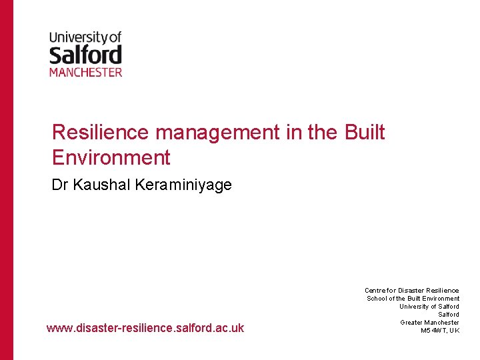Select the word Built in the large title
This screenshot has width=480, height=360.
click(x=365, y=133)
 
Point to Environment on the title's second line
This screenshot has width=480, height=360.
click(x=111, y=158)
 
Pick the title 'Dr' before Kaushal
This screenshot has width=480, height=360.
click(x=61, y=185)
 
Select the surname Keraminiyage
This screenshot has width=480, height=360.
click(x=183, y=185)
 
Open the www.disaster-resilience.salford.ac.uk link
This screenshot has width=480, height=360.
click(x=145, y=328)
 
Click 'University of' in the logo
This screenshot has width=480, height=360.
click(x=85, y=38)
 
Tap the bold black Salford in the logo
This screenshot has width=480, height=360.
click(x=85, y=55)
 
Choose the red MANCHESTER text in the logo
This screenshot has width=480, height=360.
click(x=85, y=71)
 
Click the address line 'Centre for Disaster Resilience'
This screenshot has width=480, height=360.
click(x=411, y=291)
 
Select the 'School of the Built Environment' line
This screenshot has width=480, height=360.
click(x=413, y=299)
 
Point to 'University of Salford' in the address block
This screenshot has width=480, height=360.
click(x=429, y=307)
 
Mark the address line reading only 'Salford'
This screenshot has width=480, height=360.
click(x=448, y=315)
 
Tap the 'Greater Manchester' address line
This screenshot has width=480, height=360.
click(x=429, y=323)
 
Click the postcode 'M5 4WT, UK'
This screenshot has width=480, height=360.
click(x=440, y=331)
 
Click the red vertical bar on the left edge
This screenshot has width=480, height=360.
click(x=6, y=180)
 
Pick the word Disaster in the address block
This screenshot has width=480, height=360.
click(x=411, y=291)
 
